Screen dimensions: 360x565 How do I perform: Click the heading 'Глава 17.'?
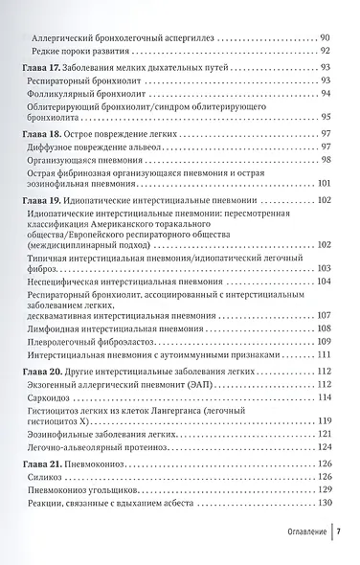[x=41, y=66]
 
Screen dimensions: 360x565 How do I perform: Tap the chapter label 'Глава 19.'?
[x=41, y=199]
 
